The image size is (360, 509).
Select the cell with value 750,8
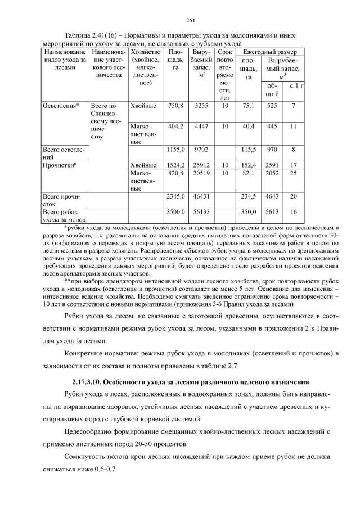(175, 105)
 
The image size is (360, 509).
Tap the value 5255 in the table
(201, 105)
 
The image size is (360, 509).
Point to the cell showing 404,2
(175, 127)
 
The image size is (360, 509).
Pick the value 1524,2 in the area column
(175, 165)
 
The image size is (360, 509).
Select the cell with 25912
(201, 165)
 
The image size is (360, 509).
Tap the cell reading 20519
(201, 174)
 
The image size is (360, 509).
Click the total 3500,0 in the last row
(175, 212)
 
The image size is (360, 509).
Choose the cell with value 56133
(201, 212)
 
